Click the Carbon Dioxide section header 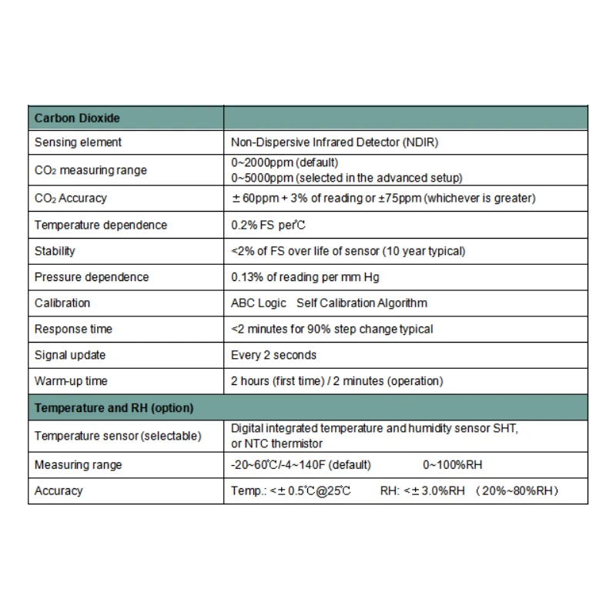tap(77, 119)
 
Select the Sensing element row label tap(78, 142)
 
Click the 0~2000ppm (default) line tap(284, 163)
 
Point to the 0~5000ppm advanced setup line tap(346, 177)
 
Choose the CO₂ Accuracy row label tap(71, 198)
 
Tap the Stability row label tap(55, 251)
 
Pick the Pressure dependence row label tap(92, 277)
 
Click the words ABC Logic tap(258, 303)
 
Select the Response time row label tap(73, 329)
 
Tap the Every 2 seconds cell tap(273, 355)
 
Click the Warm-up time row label tap(71, 381)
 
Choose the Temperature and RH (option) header tap(114, 407)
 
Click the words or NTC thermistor tap(276, 444)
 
